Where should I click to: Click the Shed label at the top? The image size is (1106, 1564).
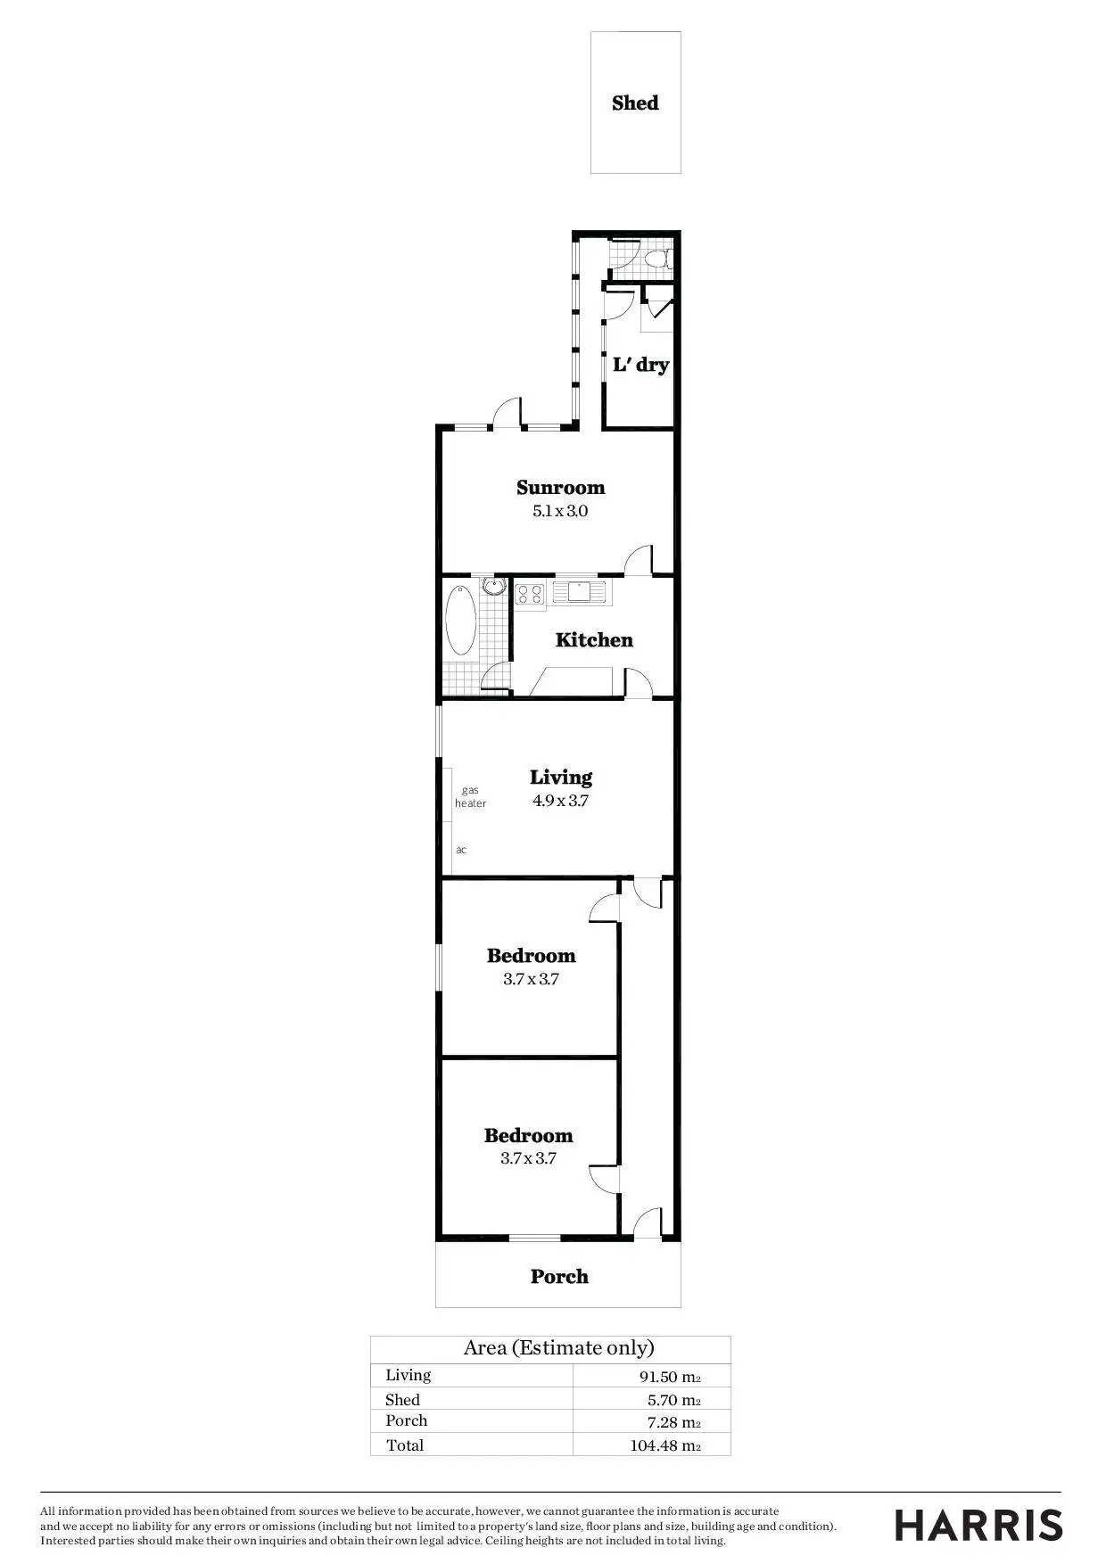(x=635, y=103)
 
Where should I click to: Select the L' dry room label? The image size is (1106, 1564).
(x=640, y=365)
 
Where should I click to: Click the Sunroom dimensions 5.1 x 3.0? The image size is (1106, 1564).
(x=560, y=512)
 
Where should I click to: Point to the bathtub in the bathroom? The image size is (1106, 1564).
(x=460, y=619)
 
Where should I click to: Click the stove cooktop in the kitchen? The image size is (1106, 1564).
(x=530, y=593)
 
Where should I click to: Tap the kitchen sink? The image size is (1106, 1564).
(x=579, y=591)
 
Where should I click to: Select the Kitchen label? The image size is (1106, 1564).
(x=594, y=640)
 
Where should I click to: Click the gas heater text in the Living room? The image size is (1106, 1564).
(x=471, y=797)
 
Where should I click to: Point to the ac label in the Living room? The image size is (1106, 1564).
(x=461, y=850)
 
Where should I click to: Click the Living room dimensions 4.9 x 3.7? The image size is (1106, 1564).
(x=560, y=801)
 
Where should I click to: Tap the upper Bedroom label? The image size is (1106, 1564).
(x=531, y=956)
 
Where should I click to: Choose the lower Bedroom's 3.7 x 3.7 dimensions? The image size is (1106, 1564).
(x=528, y=1159)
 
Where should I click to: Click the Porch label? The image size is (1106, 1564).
(x=559, y=1277)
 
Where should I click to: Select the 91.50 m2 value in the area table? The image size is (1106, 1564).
(x=669, y=1377)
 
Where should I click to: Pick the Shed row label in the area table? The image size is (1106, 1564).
(x=402, y=1400)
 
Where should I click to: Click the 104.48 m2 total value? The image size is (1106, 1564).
(x=664, y=1445)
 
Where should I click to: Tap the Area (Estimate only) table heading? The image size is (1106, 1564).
(x=558, y=1348)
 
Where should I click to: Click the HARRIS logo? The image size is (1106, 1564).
(x=978, y=1526)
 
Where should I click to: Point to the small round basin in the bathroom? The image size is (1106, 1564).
(x=492, y=586)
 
